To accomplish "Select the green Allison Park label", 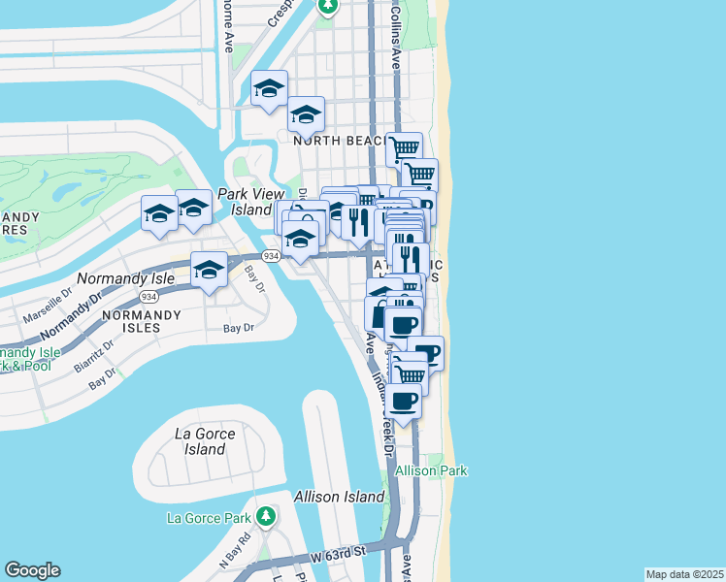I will (x=431, y=470).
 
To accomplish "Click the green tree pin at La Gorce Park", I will (x=265, y=516).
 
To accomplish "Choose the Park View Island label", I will (x=244, y=202).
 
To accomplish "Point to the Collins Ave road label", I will (x=396, y=39).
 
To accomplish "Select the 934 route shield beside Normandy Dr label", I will (x=148, y=296).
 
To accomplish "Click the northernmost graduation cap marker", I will (x=269, y=88).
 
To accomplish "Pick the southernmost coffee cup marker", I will (x=405, y=400).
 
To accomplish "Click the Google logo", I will (x=32, y=570).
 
